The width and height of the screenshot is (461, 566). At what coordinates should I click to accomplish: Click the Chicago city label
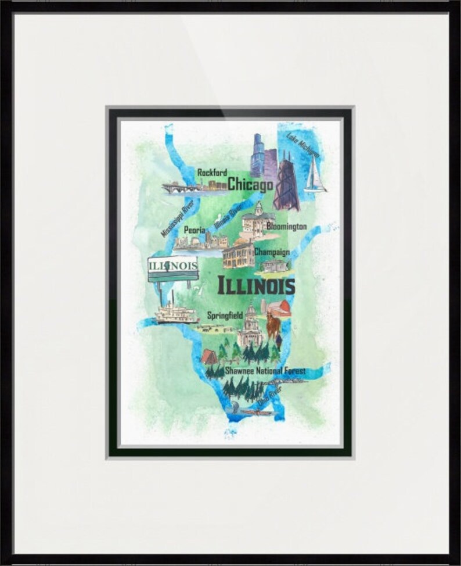click(x=250, y=185)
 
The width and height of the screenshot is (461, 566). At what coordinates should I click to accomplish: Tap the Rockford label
click(x=212, y=172)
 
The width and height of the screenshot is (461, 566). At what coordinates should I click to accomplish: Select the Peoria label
click(x=194, y=230)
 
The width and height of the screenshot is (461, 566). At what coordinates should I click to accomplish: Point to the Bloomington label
click(x=286, y=227)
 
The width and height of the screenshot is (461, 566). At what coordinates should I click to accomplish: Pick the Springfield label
click(x=226, y=316)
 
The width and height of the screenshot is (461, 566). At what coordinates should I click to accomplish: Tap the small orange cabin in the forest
click(x=209, y=356)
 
